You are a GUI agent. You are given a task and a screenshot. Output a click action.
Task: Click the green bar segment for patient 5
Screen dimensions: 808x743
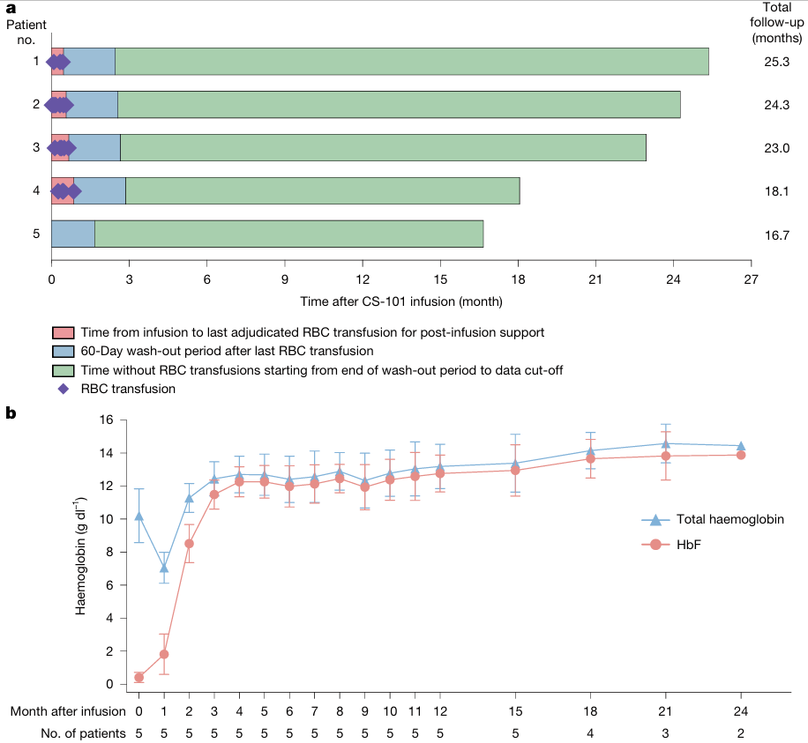[289, 234]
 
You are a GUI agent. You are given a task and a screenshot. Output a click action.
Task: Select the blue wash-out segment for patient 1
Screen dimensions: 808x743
[89, 62]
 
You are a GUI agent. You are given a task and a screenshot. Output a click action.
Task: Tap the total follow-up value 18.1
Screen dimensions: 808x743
[776, 191]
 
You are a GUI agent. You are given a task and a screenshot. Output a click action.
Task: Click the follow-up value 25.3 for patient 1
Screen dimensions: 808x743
[776, 62]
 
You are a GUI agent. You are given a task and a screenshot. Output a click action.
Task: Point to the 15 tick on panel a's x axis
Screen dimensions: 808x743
[440, 279]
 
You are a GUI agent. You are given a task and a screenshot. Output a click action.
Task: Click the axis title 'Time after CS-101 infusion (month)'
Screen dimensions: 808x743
[401, 301]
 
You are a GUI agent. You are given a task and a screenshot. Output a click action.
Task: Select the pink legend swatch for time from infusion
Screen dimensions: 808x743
[63, 332]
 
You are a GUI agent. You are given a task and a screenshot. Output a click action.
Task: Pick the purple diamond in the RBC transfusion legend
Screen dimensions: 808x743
[64, 389]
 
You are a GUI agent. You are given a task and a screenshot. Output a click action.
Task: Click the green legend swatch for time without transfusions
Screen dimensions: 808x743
[63, 371]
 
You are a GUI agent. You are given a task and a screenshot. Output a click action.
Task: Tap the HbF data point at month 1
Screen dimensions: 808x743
[164, 655]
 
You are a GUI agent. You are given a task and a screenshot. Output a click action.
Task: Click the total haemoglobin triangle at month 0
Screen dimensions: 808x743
[138, 516]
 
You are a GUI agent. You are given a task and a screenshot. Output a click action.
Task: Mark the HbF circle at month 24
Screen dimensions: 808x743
[740, 455]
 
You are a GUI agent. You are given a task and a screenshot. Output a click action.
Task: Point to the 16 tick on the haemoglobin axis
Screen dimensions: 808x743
[106, 420]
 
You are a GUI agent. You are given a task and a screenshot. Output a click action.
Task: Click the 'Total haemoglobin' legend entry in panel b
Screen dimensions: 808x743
[730, 519]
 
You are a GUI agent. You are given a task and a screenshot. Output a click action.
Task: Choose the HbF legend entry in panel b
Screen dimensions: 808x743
[688, 545]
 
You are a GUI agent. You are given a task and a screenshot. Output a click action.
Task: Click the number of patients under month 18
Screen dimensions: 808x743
[590, 733]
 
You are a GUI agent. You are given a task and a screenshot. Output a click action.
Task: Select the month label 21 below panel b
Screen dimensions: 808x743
[665, 711]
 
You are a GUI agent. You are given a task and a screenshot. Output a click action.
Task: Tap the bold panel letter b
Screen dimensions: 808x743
[11, 413]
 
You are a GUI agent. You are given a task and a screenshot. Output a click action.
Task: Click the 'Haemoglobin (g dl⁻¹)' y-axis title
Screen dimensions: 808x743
[81, 556]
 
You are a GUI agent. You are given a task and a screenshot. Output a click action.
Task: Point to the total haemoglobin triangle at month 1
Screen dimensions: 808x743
[164, 568]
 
